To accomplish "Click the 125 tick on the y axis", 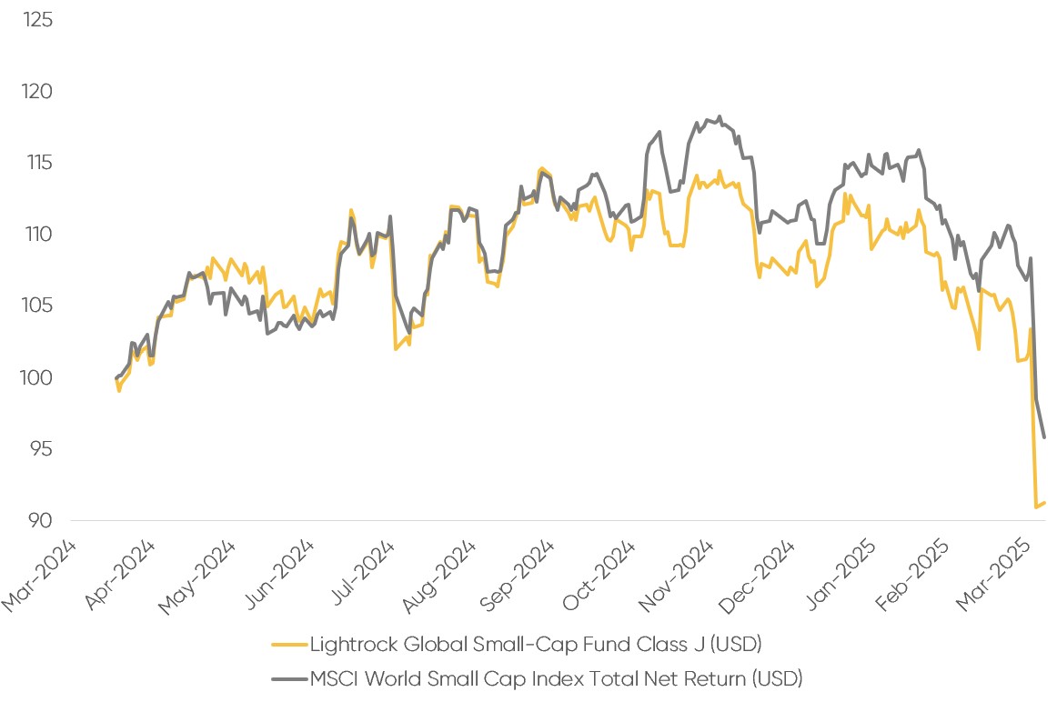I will (x=38, y=19).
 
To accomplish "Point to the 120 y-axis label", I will (x=38, y=92).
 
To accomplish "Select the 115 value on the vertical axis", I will (x=40, y=163).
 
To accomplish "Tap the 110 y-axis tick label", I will (x=40, y=235).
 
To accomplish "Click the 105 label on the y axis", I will (x=38, y=306).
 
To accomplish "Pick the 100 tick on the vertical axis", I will (x=38, y=377).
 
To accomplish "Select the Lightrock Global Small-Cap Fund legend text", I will (x=536, y=645).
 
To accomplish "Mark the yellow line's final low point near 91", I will (x=1036, y=506).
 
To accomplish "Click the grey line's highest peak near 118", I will (x=720, y=116).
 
